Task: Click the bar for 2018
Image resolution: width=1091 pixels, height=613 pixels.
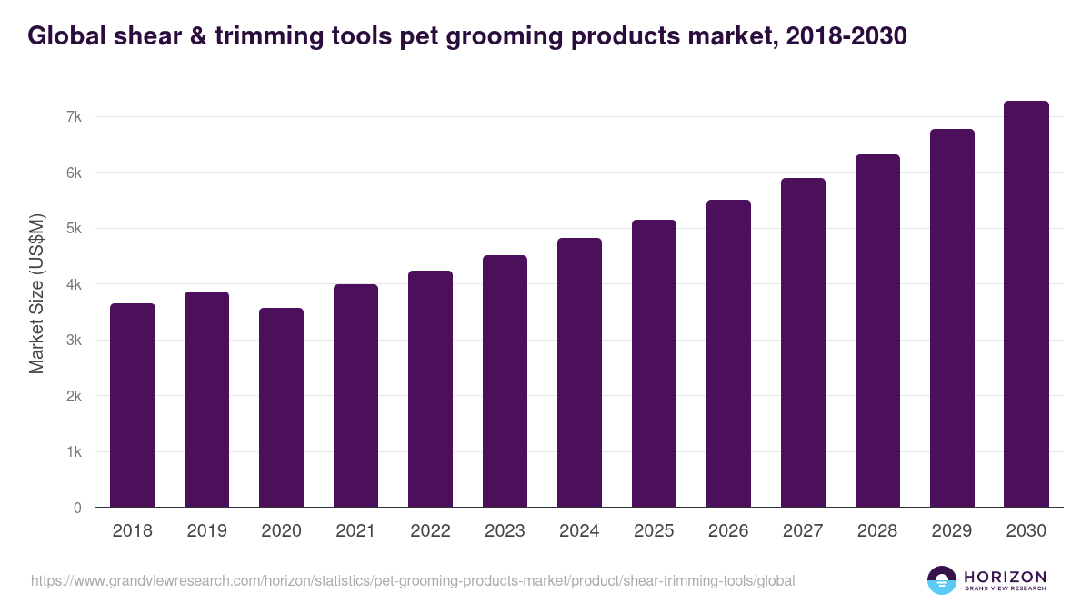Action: (x=133, y=405)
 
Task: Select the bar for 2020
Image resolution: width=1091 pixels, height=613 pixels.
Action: (x=282, y=408)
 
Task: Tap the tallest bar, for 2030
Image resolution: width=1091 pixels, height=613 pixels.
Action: (x=1026, y=304)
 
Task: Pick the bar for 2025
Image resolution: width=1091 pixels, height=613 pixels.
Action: (x=655, y=363)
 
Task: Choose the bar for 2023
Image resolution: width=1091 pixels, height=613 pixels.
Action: (x=505, y=381)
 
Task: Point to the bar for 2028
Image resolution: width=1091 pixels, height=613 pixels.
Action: (x=877, y=331)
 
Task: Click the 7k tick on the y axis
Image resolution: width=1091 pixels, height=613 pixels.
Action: (x=74, y=117)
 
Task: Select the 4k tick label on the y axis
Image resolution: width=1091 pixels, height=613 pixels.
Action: (x=74, y=284)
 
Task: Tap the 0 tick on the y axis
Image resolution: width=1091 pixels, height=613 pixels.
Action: (x=77, y=508)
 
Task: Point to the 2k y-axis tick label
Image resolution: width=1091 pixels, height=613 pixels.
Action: (x=74, y=396)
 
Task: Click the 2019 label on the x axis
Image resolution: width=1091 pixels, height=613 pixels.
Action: (x=207, y=531)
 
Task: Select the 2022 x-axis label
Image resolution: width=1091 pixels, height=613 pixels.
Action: (x=431, y=531)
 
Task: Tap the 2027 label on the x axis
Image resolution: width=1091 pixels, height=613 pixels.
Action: (x=803, y=531)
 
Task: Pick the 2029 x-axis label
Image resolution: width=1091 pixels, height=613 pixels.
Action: (x=952, y=531)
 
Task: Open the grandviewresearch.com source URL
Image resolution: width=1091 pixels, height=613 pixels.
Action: (x=413, y=580)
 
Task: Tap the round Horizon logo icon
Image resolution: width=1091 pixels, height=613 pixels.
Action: (x=942, y=580)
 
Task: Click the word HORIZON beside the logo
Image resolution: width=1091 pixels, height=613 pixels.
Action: (x=1005, y=577)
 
